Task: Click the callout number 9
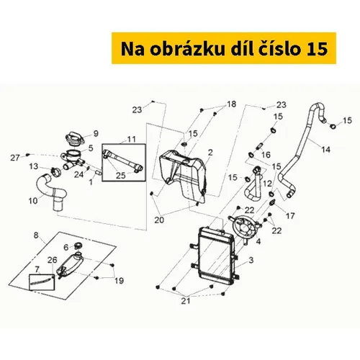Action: click(x=96, y=133)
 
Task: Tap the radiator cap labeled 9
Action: click(x=74, y=139)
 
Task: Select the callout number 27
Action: click(x=15, y=158)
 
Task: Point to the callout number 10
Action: click(x=33, y=201)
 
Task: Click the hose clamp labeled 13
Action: click(x=55, y=172)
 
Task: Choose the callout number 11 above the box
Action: click(x=131, y=139)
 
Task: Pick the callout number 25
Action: click(x=121, y=176)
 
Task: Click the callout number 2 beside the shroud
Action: click(x=210, y=153)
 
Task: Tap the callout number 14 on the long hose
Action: click(x=326, y=150)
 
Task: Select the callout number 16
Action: click(x=266, y=155)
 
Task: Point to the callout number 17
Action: click(x=290, y=216)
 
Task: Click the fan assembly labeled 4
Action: click(x=244, y=225)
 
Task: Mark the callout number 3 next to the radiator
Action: click(x=251, y=260)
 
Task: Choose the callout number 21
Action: click(x=186, y=301)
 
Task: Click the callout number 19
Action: click(x=119, y=281)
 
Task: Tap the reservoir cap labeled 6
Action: click(x=78, y=246)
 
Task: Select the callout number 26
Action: click(x=52, y=260)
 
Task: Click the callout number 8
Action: click(x=36, y=235)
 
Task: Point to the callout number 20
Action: click(x=159, y=220)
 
